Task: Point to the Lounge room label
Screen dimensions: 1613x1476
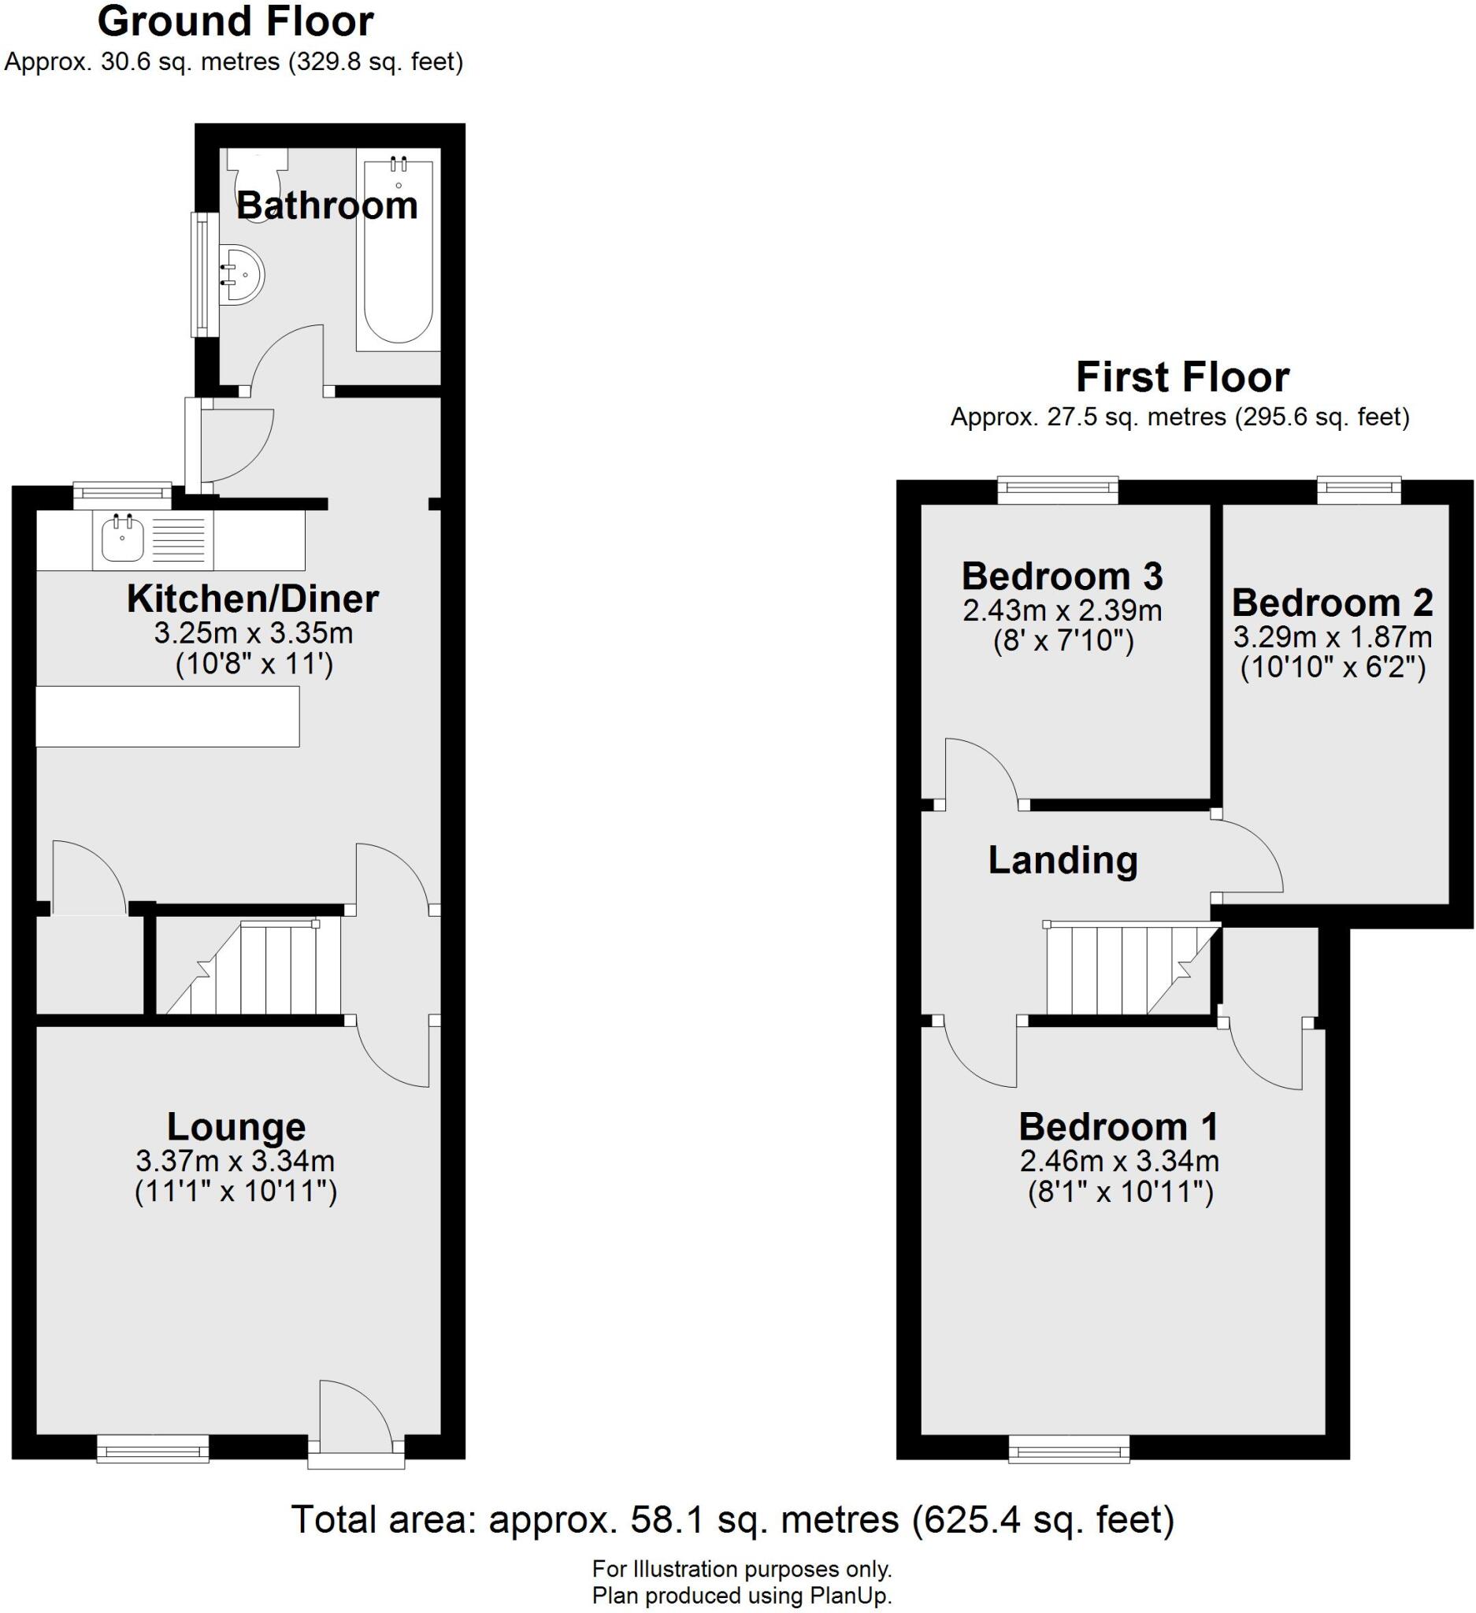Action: [236, 1126]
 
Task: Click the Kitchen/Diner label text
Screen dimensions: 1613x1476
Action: [253, 599]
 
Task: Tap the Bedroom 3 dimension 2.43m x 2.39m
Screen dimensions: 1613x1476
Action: [1062, 610]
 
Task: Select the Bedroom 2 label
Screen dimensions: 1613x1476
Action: [1332, 603]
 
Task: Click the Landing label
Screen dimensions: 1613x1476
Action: [1062, 860]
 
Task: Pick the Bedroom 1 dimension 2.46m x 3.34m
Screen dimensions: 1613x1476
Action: [1119, 1160]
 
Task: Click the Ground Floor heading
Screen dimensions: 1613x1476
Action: [235, 21]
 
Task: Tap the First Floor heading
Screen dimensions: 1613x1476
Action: [1181, 376]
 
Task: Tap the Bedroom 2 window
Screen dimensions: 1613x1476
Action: [1359, 489]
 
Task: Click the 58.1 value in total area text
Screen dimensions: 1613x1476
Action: [656, 1519]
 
